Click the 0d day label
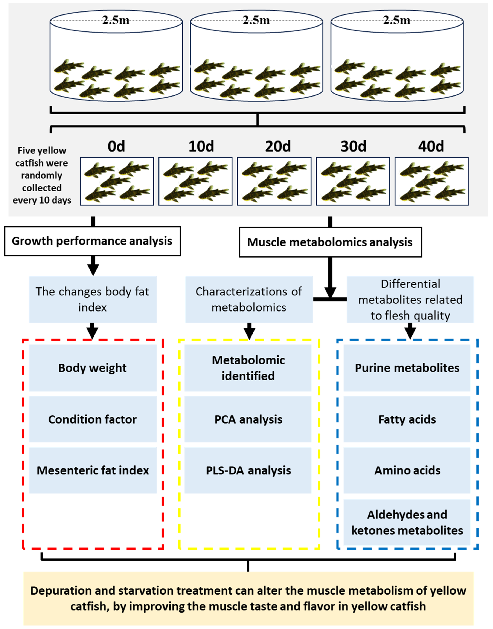(x=116, y=146)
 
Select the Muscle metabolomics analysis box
(x=330, y=242)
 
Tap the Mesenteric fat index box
(x=92, y=470)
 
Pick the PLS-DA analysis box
(x=248, y=470)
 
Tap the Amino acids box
(x=407, y=470)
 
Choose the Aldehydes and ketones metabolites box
(x=407, y=522)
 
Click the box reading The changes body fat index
(x=92, y=299)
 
